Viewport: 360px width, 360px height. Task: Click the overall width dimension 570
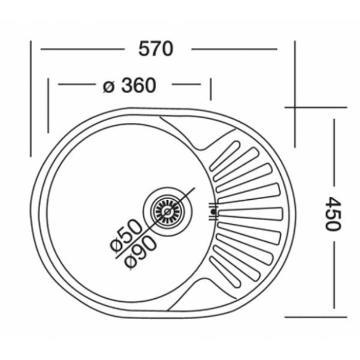(x=156, y=50)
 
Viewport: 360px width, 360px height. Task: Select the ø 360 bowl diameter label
(x=129, y=86)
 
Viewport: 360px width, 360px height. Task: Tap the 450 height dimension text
(x=331, y=213)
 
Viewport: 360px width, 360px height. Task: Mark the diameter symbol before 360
(x=108, y=86)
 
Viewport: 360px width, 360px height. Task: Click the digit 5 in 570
(x=144, y=50)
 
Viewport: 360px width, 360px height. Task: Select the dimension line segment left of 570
(x=82, y=50)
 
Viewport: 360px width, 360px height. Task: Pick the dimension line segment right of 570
(x=233, y=50)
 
